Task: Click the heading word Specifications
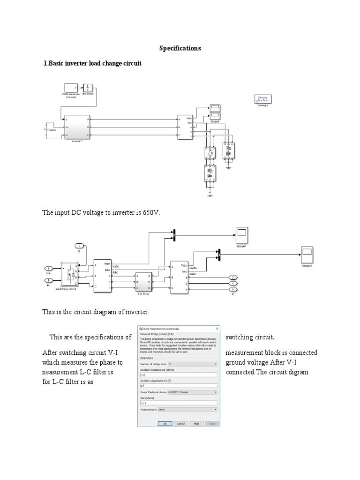180,48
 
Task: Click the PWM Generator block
71,88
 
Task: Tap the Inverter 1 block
77,127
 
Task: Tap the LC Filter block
142,282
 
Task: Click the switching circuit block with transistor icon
69,276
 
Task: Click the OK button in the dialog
165,423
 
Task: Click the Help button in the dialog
196,423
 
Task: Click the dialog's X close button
216,329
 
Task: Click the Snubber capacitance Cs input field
178,386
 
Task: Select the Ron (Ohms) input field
178,403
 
